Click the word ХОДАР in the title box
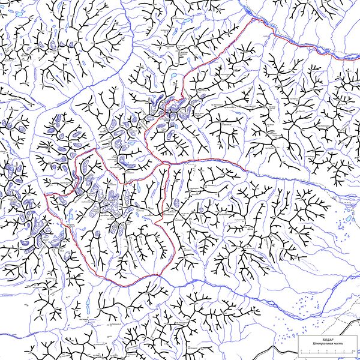(327, 339)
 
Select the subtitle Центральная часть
(327, 343)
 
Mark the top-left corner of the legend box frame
(298, 336)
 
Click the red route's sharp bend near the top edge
(252, 18)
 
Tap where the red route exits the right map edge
(359, 59)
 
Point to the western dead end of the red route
(46, 194)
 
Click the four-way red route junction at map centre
(169, 163)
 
